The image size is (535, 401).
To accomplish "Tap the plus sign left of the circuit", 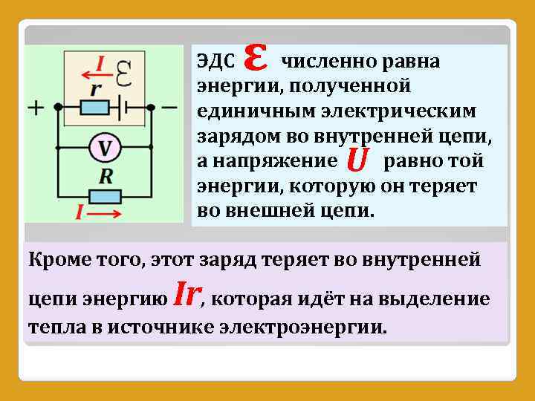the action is click(36, 108).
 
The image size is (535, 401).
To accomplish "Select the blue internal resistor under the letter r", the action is click(95, 108).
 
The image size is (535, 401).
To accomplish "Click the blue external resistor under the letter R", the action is click(104, 196).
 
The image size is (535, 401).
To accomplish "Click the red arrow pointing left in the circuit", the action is click(93, 73).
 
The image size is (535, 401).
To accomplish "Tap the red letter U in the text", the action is click(357, 159).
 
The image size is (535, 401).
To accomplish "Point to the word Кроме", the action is click(54, 261).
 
